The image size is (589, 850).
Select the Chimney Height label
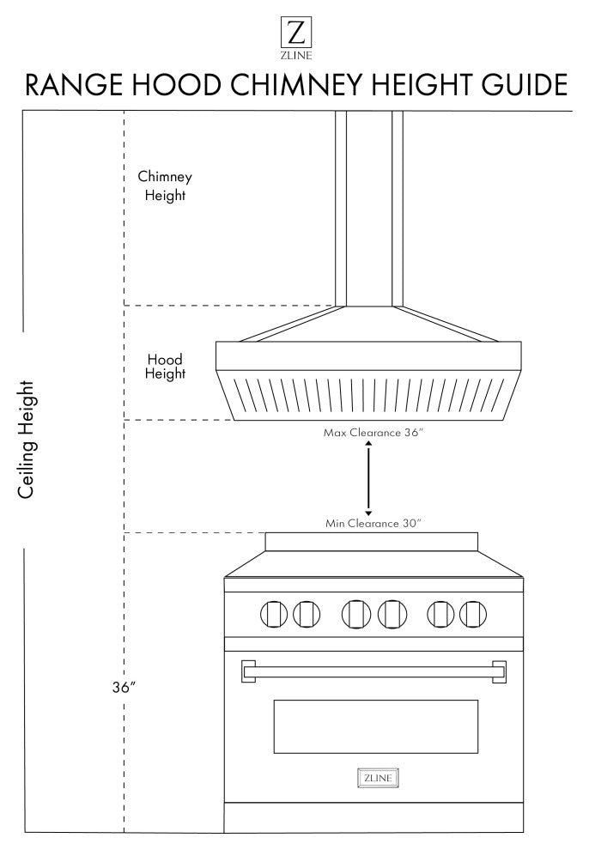[165, 185]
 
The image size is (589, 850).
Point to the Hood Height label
[165, 367]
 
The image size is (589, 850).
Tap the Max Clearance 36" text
[373, 433]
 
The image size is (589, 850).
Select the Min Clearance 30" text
[373, 523]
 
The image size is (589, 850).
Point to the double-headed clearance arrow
[368, 477]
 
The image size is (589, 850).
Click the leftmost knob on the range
[273, 614]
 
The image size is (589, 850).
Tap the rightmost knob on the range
[473, 614]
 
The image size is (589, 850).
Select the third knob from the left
[355, 614]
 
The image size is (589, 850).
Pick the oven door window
[375, 726]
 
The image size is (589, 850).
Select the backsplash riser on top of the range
[372, 542]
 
